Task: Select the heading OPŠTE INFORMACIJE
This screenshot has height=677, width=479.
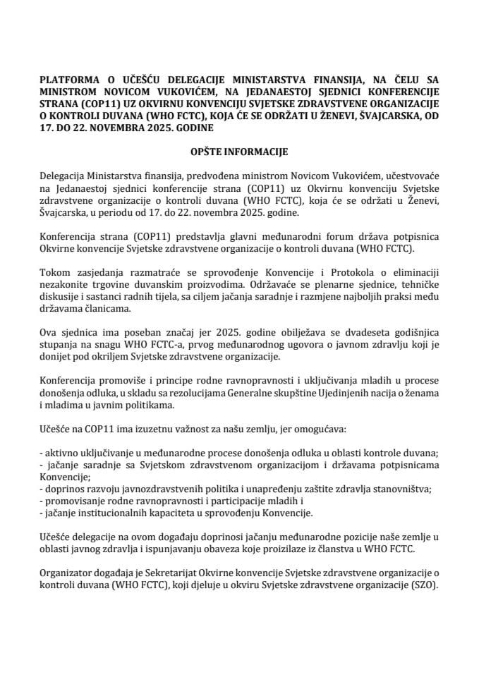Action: (238, 151)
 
